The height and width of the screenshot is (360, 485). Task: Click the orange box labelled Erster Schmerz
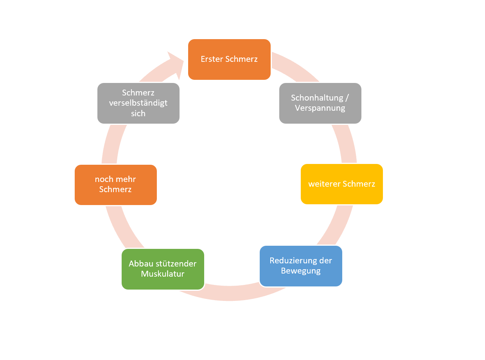pyautogui.click(x=229, y=59)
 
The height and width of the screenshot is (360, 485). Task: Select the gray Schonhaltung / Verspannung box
pyautogui.click(x=320, y=103)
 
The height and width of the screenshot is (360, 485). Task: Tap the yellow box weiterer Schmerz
pyautogui.click(x=342, y=184)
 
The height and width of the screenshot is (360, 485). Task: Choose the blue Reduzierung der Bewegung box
pyautogui.click(x=301, y=266)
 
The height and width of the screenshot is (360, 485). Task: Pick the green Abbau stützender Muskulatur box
pyautogui.click(x=163, y=269)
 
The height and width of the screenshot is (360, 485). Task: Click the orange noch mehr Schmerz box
pyautogui.click(x=116, y=185)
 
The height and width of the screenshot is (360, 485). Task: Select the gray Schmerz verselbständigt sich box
pyautogui.click(x=138, y=103)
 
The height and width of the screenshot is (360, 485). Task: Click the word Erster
pyautogui.click(x=212, y=59)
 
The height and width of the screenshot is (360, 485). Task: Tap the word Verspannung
pyautogui.click(x=320, y=108)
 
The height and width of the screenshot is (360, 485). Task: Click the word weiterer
pyautogui.click(x=324, y=184)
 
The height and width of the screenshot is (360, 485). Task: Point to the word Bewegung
pyautogui.click(x=301, y=271)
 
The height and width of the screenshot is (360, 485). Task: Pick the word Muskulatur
pyautogui.click(x=163, y=274)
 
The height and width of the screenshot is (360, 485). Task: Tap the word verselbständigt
pyautogui.click(x=138, y=103)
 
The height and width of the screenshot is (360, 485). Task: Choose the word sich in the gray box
pyautogui.click(x=138, y=113)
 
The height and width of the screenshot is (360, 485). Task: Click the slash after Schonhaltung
pyautogui.click(x=347, y=98)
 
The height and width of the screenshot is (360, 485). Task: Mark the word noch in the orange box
pyautogui.click(x=104, y=179)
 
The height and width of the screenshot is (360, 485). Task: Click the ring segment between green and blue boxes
pyautogui.click(x=232, y=293)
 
